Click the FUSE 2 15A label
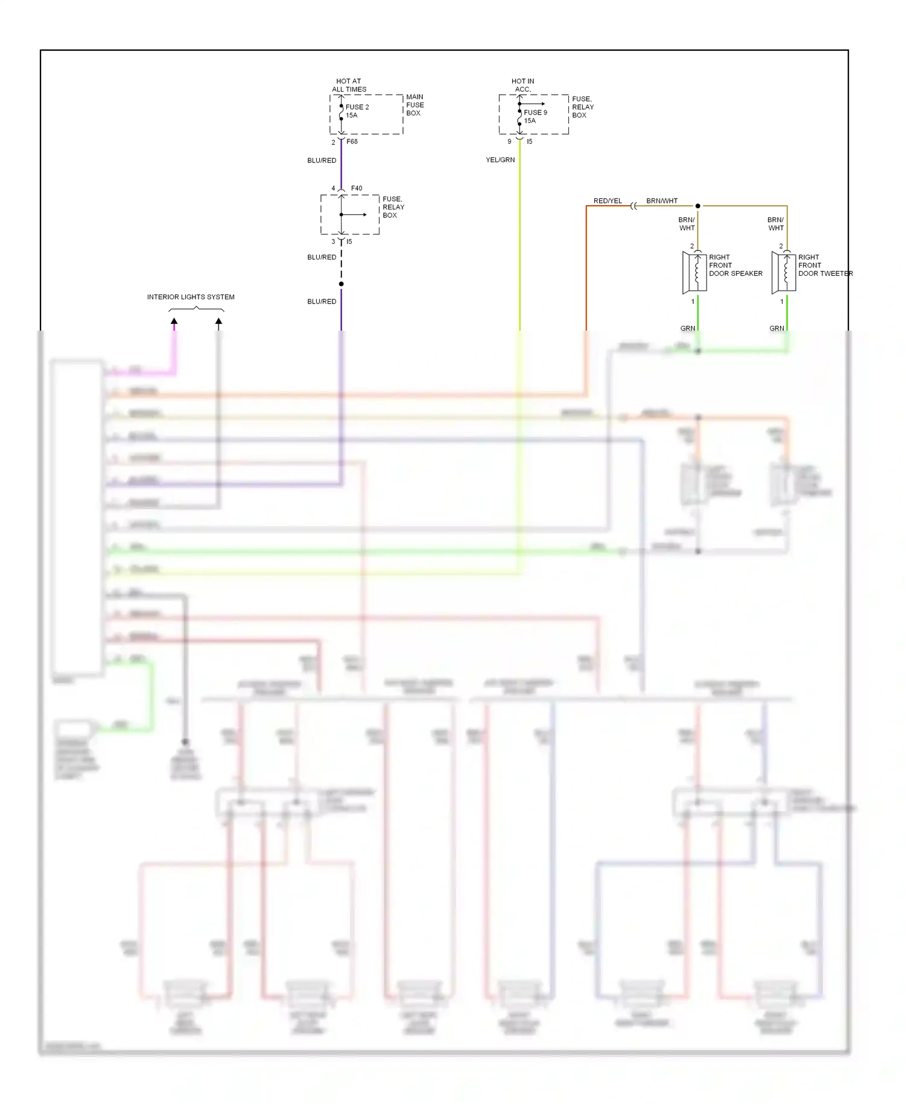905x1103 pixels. click(x=357, y=111)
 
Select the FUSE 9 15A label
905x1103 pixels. click(x=535, y=116)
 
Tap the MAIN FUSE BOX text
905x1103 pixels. click(x=414, y=105)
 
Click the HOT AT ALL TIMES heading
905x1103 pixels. click(x=349, y=85)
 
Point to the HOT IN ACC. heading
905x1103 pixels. click(x=522, y=85)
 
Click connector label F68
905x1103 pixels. click(x=352, y=142)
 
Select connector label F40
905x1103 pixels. click(x=357, y=188)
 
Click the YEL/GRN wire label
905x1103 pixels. click(x=500, y=160)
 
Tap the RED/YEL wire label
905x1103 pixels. click(x=607, y=201)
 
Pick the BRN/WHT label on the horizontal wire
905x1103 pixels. click(x=661, y=201)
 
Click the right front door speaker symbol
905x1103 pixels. click(x=694, y=272)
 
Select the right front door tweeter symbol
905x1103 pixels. click(x=784, y=272)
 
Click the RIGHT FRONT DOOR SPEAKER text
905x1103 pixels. click(x=735, y=265)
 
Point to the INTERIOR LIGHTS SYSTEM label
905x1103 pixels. click(x=191, y=297)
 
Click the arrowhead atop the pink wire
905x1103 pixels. click(x=174, y=322)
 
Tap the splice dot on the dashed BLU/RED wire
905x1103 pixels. click(x=341, y=284)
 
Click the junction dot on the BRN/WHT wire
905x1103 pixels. click(x=698, y=206)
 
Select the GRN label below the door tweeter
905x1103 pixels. click(x=776, y=328)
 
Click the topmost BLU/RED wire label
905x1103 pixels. click(x=322, y=161)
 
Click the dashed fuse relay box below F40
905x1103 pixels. click(x=350, y=215)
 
